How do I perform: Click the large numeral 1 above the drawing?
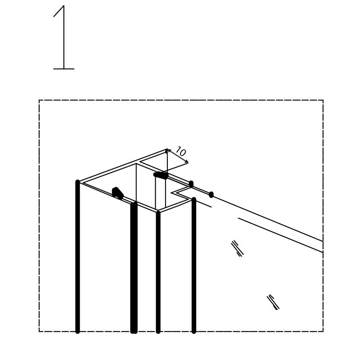(63, 37)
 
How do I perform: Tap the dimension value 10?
(181, 152)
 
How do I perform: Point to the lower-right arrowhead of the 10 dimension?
(186, 162)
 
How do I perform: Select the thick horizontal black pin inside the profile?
(161, 175)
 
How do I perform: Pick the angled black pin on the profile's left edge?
(117, 193)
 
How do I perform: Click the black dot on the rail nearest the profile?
(191, 184)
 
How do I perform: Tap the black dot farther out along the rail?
(211, 195)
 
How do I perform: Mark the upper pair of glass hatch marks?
(237, 248)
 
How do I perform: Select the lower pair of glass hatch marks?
(273, 302)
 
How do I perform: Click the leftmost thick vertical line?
(77, 256)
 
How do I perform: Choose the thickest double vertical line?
(134, 267)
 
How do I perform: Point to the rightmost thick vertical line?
(194, 265)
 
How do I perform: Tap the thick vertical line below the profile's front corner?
(158, 272)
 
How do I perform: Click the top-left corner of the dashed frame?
(39, 100)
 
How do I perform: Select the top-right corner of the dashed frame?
(323, 100)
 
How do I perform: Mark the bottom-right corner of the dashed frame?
(323, 331)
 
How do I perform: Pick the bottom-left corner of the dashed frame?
(39, 331)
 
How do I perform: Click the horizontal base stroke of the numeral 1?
(64, 69)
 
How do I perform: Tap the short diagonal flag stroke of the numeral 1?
(58, 11)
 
